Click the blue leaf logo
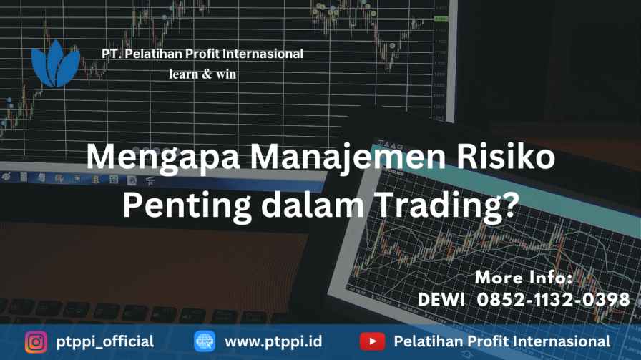pyautogui.click(x=56, y=64)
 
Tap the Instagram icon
pyautogui.click(x=36, y=341)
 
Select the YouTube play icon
pyautogui.click(x=372, y=341)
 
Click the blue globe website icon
pyautogui.click(x=205, y=341)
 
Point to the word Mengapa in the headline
pyautogui.click(x=162, y=158)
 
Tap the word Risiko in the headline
pyautogui.click(x=506, y=156)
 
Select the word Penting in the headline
pyautogui.click(x=187, y=206)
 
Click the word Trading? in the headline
pyautogui.click(x=446, y=206)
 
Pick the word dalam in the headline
pyautogui.click(x=313, y=204)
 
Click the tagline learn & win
pyautogui.click(x=202, y=74)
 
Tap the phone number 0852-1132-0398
pyautogui.click(x=553, y=300)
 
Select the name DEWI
pyautogui.click(x=441, y=300)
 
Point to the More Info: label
pyautogui.click(x=524, y=278)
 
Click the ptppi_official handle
pyautogui.click(x=105, y=342)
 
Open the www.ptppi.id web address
pyautogui.click(x=273, y=342)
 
